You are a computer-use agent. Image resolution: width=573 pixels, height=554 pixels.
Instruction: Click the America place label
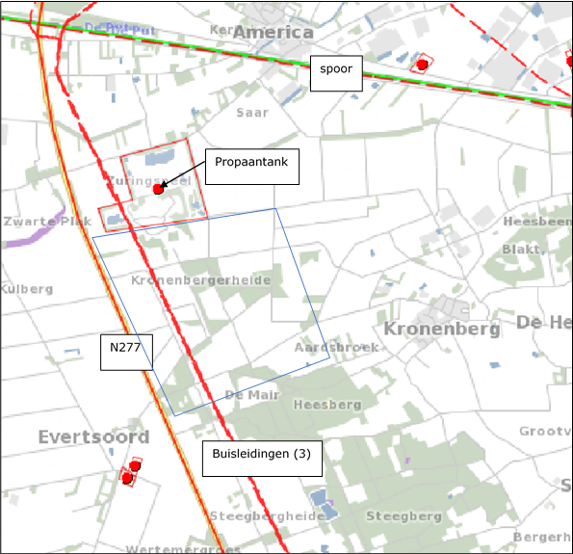273,32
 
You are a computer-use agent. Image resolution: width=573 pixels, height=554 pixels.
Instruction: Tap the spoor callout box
336,70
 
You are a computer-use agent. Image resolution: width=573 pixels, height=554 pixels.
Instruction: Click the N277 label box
126,352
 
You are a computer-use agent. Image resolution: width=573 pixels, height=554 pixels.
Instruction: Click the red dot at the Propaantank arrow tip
158,190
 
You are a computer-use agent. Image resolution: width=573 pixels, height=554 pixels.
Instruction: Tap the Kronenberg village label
442,330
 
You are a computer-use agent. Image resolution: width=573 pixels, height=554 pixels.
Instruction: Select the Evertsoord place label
93,437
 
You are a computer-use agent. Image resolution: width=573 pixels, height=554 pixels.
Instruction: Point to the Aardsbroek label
336,347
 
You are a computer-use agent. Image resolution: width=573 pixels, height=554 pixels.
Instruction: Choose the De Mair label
251,395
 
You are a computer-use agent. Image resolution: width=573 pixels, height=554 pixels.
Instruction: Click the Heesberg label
326,404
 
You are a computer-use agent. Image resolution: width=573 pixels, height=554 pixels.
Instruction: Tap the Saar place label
251,112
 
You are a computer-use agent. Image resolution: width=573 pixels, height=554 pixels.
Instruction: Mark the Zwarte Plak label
46,221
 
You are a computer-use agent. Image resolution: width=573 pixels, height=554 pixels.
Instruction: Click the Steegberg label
404,516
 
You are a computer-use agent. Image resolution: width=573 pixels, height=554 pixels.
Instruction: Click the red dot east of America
422,65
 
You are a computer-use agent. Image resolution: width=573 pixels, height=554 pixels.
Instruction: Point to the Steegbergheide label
267,516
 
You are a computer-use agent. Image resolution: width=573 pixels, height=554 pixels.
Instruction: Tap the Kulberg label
26,289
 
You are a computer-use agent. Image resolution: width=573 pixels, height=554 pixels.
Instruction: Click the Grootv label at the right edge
545,431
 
